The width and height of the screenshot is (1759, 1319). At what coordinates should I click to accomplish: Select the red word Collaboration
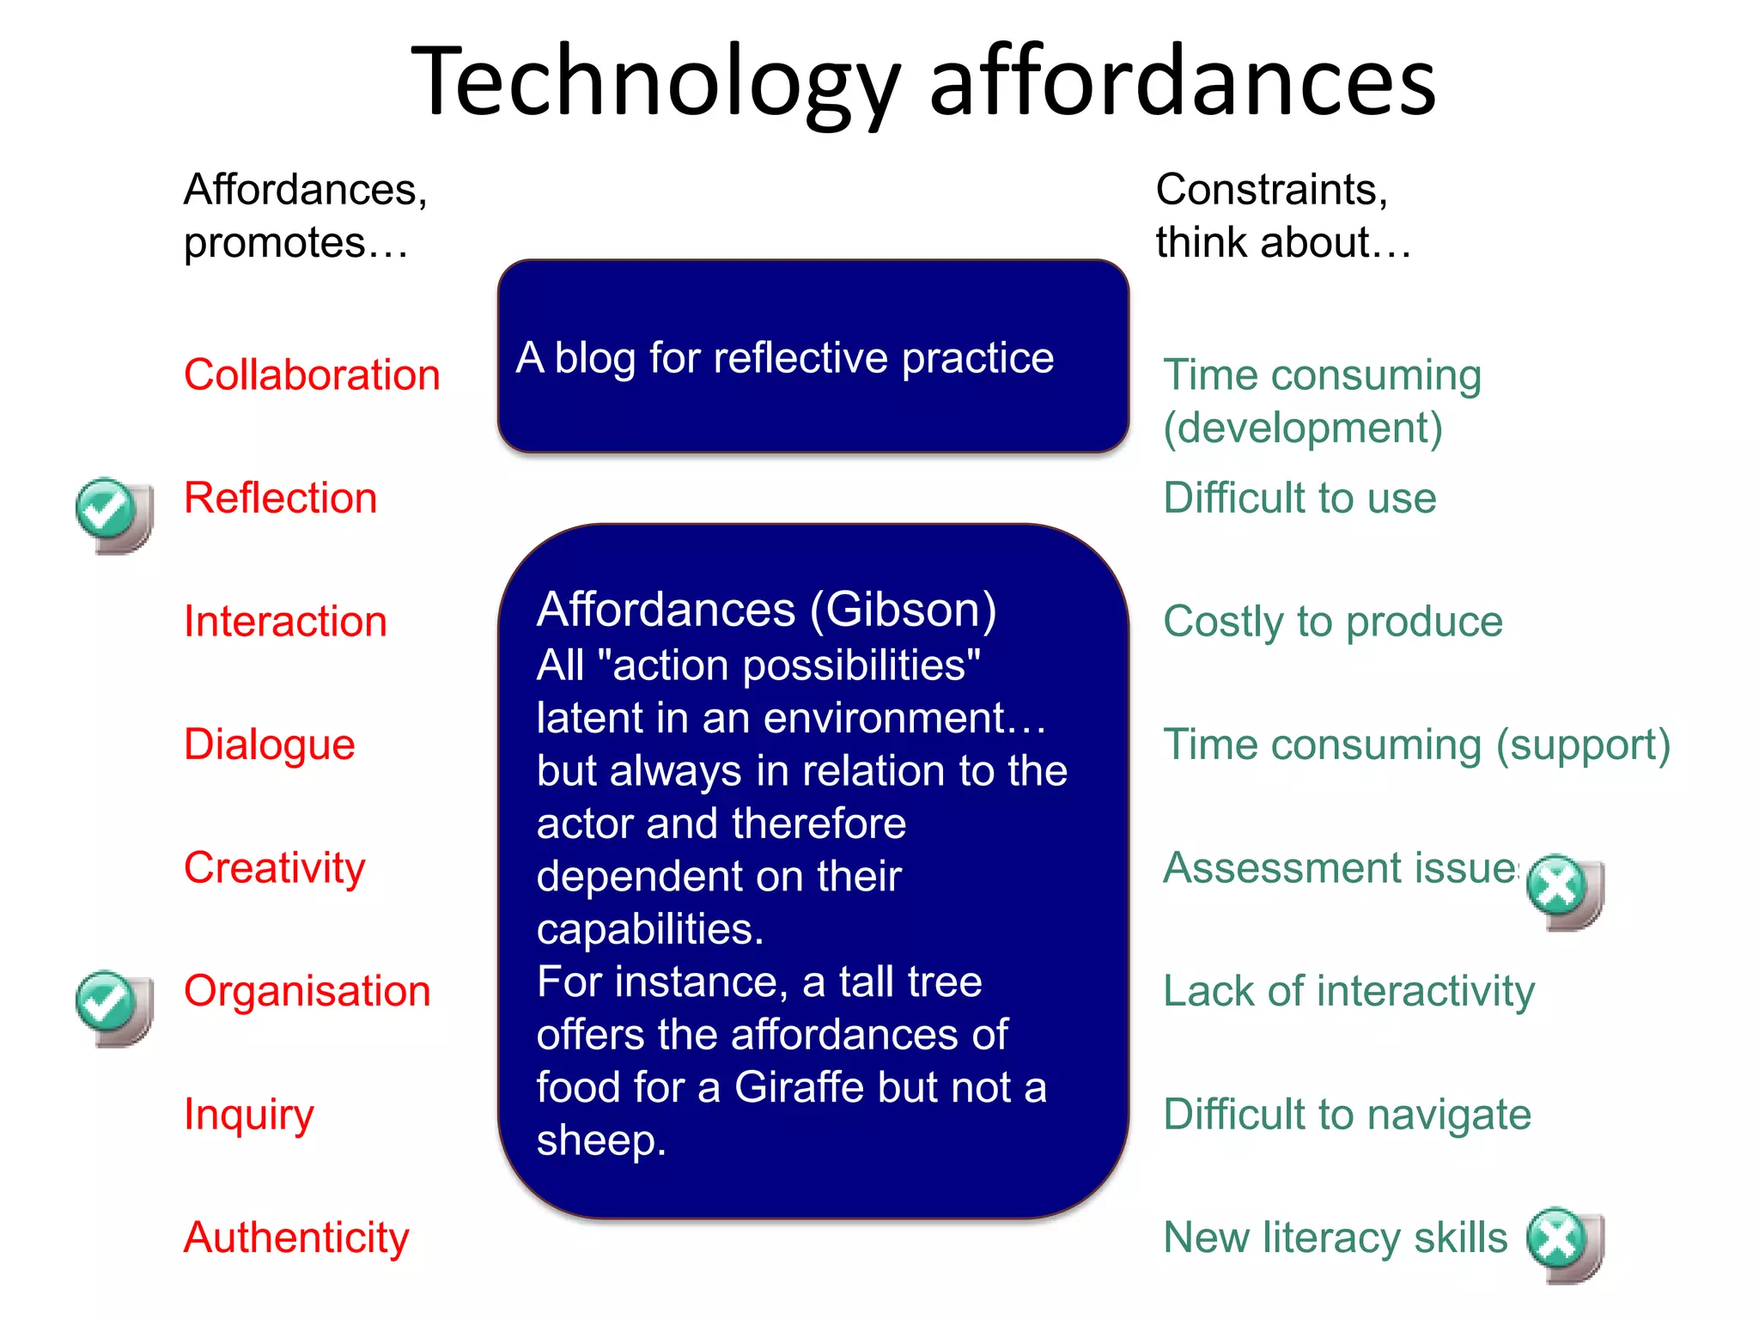point(312,375)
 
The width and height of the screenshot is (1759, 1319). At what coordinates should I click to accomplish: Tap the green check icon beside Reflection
point(107,509)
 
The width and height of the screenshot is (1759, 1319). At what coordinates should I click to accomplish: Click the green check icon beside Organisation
point(107,1002)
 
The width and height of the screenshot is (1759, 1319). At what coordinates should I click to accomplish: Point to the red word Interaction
point(285,622)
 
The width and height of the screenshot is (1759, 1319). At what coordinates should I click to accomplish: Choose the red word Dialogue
point(269,745)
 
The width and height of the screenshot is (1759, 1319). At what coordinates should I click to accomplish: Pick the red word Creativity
point(274,868)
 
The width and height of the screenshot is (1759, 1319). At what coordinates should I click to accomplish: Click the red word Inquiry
point(249,1115)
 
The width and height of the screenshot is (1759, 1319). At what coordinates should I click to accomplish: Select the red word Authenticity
point(296,1237)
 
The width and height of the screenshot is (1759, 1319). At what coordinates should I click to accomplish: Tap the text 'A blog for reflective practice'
point(784,357)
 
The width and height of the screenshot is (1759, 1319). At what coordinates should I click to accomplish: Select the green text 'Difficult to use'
point(1299,498)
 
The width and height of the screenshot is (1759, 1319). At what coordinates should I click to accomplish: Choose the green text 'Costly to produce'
point(1332,622)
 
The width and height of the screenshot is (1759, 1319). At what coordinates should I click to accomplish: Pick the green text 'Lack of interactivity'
point(1348,992)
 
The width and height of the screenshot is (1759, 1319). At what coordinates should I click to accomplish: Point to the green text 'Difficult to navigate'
point(1347,1115)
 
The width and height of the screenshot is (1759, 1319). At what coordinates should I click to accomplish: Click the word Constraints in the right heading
point(1270,190)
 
